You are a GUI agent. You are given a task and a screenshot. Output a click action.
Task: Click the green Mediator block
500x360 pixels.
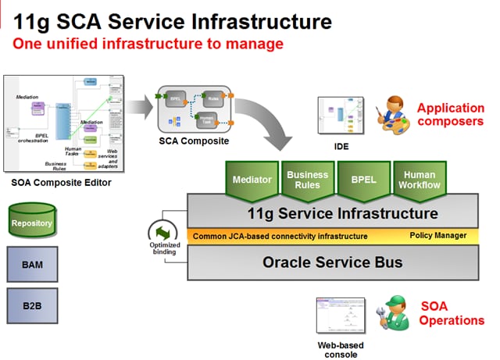[x=253, y=179]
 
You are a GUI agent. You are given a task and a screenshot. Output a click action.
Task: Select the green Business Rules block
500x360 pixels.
[x=307, y=179]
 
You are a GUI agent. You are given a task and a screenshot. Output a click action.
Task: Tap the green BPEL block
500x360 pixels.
[x=362, y=179]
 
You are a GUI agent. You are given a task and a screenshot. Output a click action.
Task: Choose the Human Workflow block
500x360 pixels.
[x=420, y=179]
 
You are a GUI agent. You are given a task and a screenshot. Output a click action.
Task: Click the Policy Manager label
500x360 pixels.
[x=437, y=235]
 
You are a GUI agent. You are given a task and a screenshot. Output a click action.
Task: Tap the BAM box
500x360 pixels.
[x=32, y=265]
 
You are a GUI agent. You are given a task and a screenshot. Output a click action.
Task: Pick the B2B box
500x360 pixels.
[x=32, y=305]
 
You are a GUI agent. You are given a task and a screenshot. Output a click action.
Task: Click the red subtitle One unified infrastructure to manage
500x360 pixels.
[x=148, y=44]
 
